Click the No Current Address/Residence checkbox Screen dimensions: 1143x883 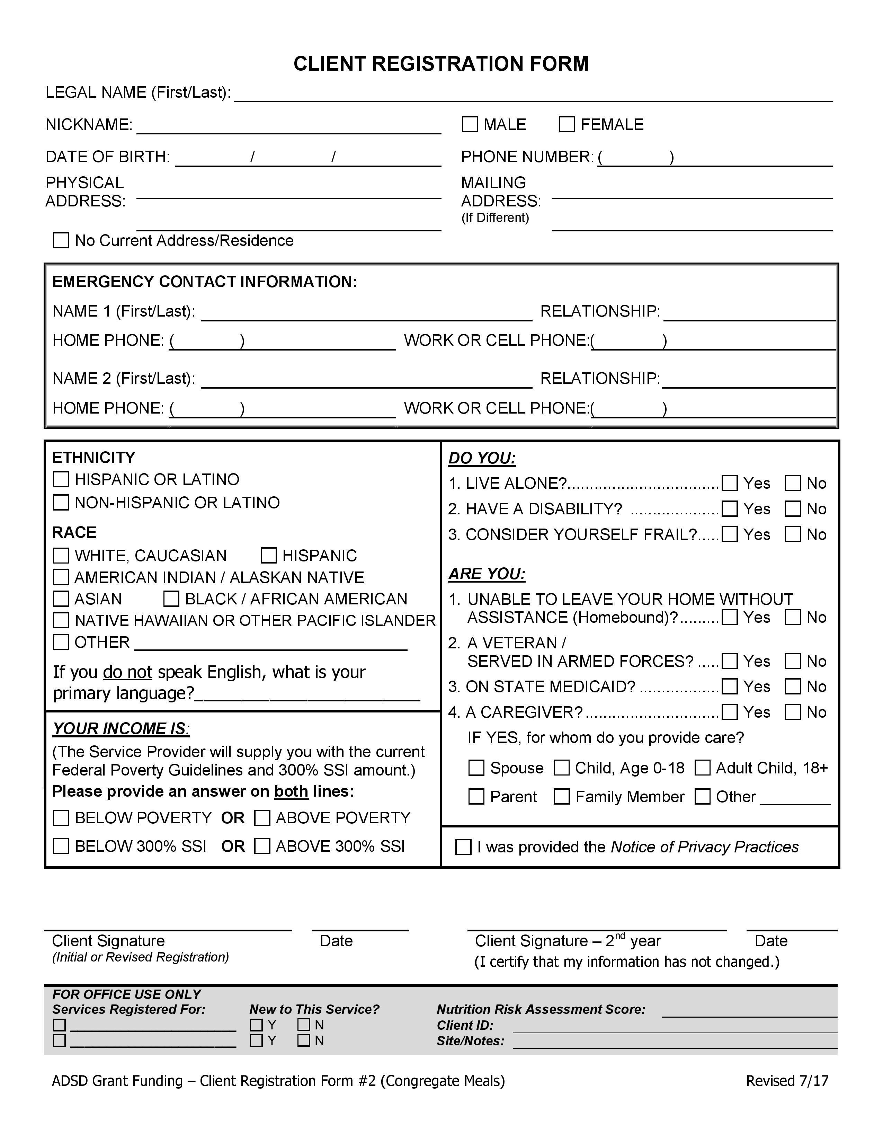tap(61, 240)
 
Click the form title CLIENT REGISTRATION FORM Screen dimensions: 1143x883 tap(441, 64)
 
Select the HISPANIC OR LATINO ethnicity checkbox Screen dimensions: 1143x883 tap(61, 479)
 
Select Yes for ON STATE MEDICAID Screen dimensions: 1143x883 tap(730, 686)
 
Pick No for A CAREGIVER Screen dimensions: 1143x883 tap(793, 712)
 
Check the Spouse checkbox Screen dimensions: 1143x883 tap(476, 768)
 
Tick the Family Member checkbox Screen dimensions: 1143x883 tap(562, 797)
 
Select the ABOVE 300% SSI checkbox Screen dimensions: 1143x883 tap(262, 846)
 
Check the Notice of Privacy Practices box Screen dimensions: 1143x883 tap(463, 847)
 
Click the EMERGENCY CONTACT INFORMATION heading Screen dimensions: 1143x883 tap(205, 282)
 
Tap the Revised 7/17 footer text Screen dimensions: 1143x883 tap(787, 1081)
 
